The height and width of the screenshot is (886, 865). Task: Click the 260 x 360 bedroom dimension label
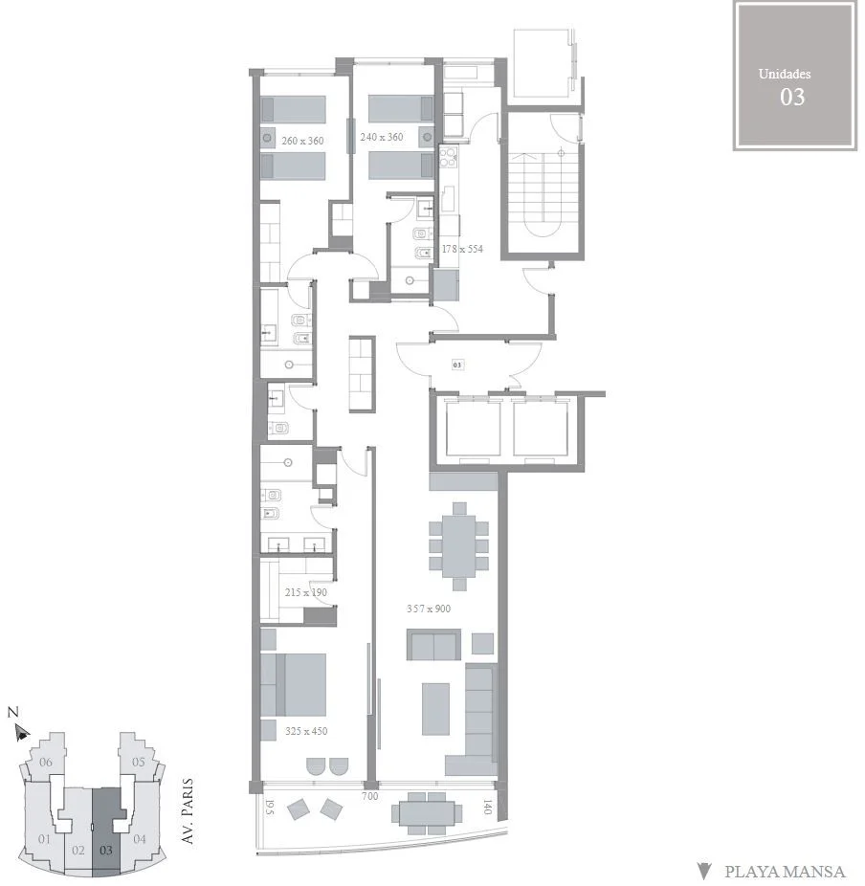(x=302, y=141)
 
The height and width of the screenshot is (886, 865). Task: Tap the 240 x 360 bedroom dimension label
(x=382, y=137)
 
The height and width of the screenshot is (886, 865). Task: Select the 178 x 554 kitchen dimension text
(x=462, y=249)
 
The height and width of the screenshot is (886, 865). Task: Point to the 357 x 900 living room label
(x=429, y=609)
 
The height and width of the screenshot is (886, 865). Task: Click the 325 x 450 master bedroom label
(x=306, y=731)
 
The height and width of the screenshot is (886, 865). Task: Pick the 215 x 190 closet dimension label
(x=305, y=592)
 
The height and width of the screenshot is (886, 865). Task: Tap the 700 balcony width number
(x=369, y=796)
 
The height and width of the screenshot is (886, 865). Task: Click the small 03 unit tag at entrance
(x=457, y=365)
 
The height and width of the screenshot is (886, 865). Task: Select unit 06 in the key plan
(x=46, y=763)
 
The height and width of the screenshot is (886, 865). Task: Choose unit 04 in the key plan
(x=139, y=839)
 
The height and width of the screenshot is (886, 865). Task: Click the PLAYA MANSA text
(x=785, y=872)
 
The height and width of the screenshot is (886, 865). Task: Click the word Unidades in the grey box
(x=785, y=74)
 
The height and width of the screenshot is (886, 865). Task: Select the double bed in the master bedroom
(x=293, y=685)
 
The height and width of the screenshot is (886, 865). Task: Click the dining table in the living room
(x=459, y=545)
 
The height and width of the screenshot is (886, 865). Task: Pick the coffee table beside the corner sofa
(x=435, y=709)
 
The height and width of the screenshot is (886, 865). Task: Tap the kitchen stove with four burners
(x=448, y=157)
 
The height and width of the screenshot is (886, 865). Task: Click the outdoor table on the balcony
(x=427, y=813)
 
